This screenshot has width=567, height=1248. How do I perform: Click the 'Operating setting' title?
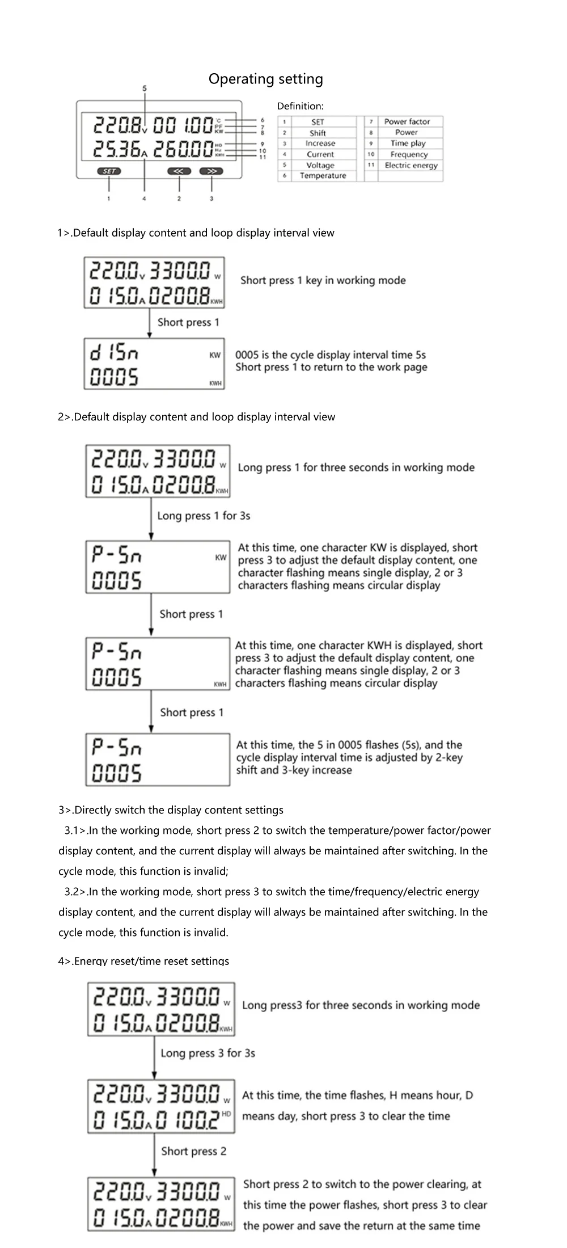[265, 79]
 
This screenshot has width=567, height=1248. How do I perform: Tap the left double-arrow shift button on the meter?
[179, 170]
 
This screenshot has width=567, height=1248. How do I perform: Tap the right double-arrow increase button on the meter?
[211, 170]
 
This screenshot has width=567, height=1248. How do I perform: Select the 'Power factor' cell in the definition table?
[407, 121]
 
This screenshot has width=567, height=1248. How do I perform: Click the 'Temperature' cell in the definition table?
[323, 176]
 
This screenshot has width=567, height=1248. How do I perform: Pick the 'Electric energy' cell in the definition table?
[411, 165]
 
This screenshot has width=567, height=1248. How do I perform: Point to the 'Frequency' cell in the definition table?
[409, 154]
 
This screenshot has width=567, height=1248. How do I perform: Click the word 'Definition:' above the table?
[300, 106]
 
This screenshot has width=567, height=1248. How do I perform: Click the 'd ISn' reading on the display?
[114, 353]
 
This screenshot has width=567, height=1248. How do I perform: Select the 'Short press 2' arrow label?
[193, 1151]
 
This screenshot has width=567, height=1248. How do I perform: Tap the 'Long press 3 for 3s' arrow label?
[208, 1053]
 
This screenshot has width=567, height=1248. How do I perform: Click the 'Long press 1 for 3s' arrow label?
[204, 516]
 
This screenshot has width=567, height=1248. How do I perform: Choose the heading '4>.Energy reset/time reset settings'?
[143, 961]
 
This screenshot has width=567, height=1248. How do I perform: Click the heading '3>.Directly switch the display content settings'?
[171, 810]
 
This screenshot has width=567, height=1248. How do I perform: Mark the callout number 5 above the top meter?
[145, 88]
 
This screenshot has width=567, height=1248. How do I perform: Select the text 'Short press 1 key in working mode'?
[323, 280]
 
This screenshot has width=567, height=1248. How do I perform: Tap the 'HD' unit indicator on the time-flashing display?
[226, 1114]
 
